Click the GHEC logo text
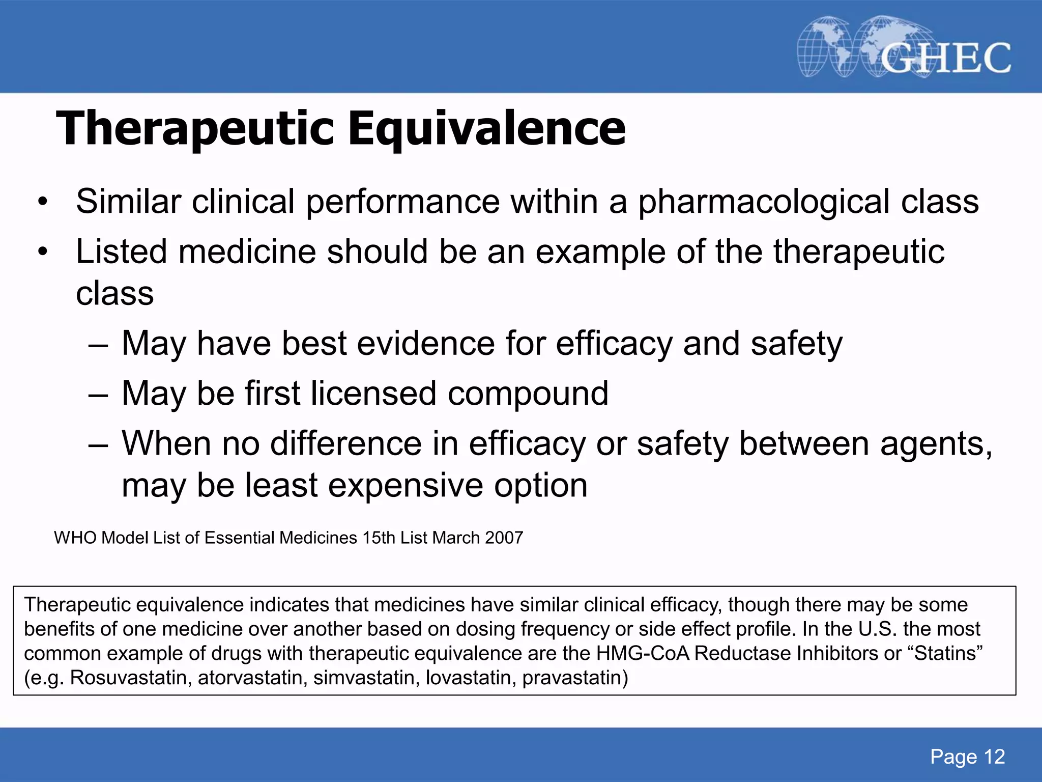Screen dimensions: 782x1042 tap(945, 58)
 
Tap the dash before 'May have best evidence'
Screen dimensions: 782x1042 tap(98, 344)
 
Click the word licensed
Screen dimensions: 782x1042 tap(373, 394)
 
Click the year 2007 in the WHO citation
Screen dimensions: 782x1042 tap(504, 538)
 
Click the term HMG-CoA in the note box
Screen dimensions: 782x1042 tap(643, 654)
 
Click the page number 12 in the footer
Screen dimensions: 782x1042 tap(994, 757)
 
